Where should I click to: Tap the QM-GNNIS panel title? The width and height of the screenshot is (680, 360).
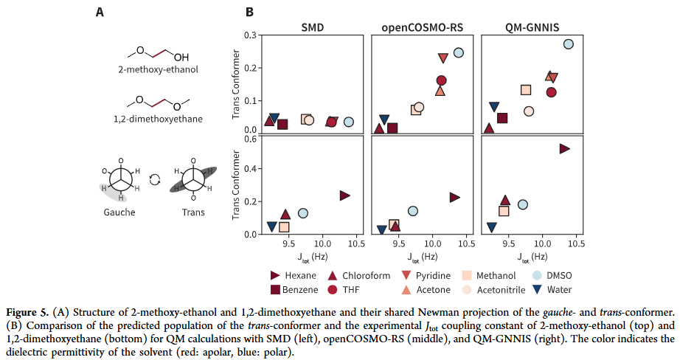[x=532, y=27]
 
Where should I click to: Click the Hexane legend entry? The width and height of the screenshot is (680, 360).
[x=296, y=275]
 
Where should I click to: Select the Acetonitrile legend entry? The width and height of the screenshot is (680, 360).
[x=501, y=289]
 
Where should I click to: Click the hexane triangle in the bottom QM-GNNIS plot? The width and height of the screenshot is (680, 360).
[x=565, y=148]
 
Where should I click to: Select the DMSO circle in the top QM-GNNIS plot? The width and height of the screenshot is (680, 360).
[x=568, y=44]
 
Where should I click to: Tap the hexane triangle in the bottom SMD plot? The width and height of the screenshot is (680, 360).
[x=344, y=195]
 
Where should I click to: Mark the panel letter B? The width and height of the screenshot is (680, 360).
[x=249, y=12]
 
